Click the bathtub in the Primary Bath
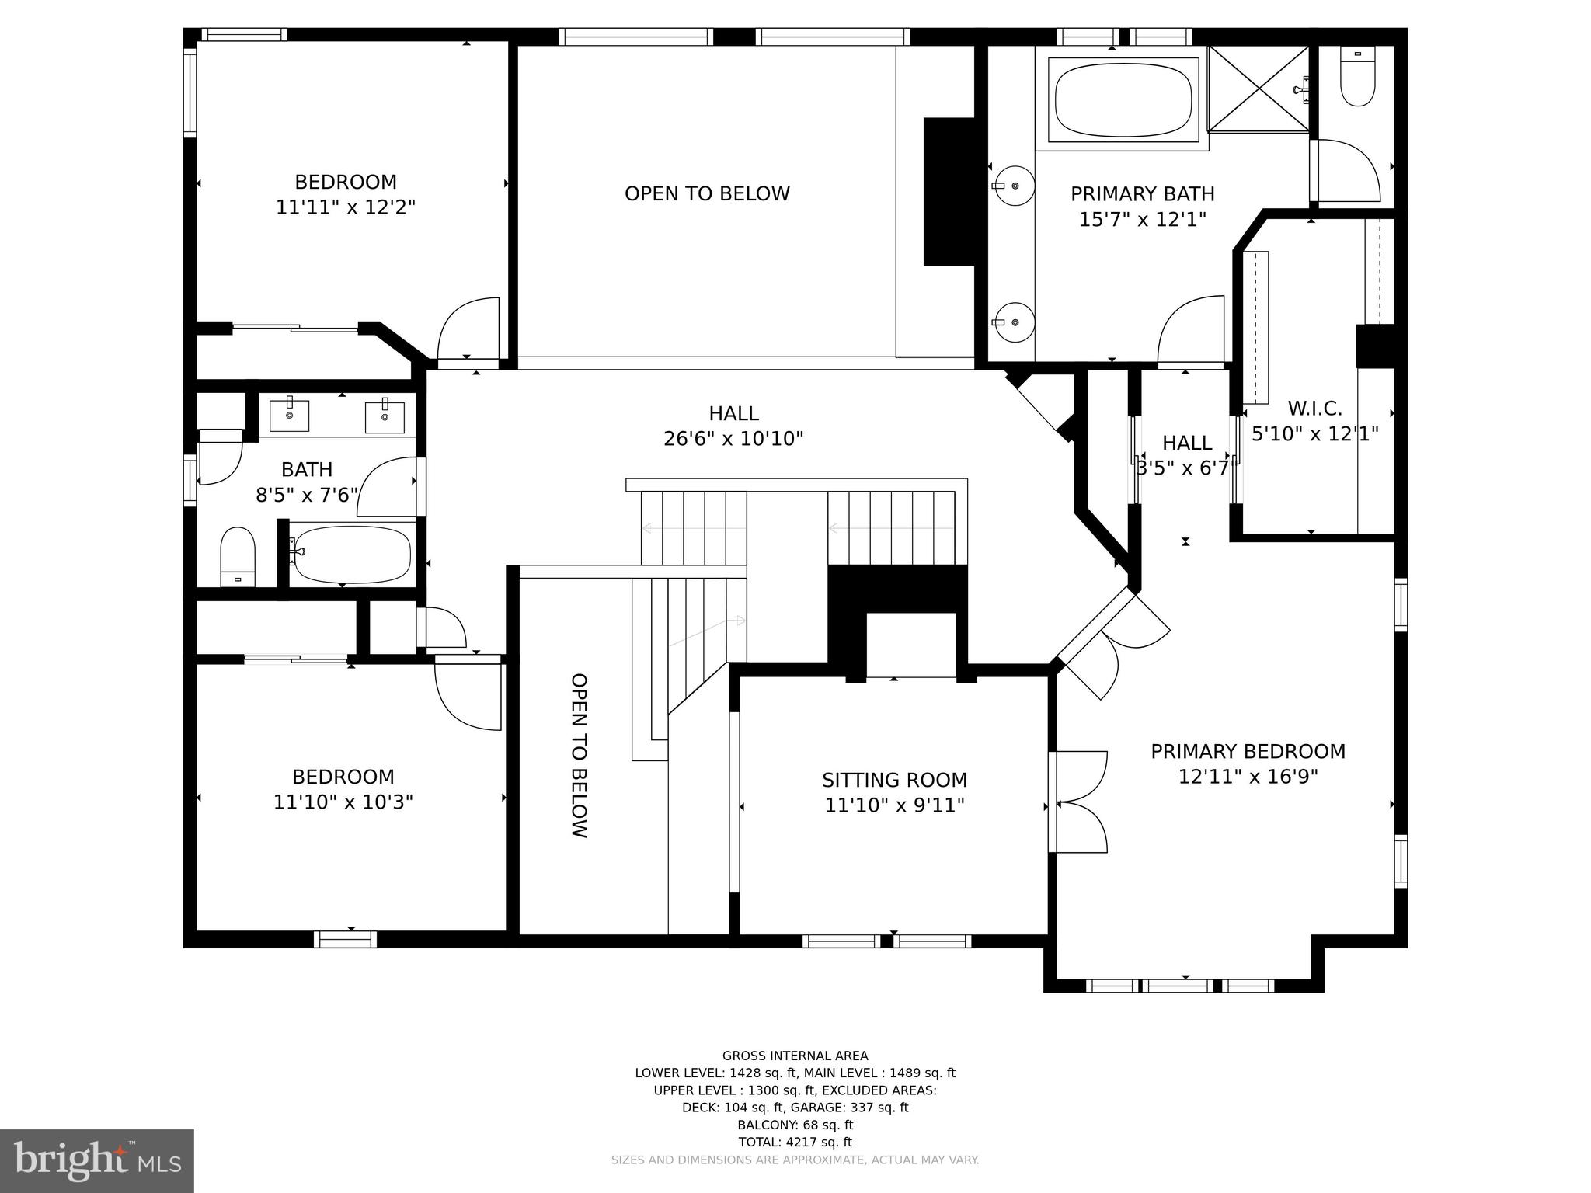tap(1123, 99)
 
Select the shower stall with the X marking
tap(1259, 89)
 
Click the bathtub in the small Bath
tap(352, 555)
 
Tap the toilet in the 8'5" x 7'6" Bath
tap(237, 555)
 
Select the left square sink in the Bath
tap(289, 415)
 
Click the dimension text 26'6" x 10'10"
tap(733, 440)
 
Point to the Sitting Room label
tap(894, 780)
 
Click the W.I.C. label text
tap(1314, 409)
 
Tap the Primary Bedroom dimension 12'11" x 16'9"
tap(1248, 777)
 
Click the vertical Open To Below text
tap(579, 755)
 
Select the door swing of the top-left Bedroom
tap(468, 330)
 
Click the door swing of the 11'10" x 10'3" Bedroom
tap(468, 694)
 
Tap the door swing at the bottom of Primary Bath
tap(1190, 330)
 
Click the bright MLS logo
tap(96, 1160)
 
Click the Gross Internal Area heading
tap(795, 1056)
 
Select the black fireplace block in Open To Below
tap(949, 192)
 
